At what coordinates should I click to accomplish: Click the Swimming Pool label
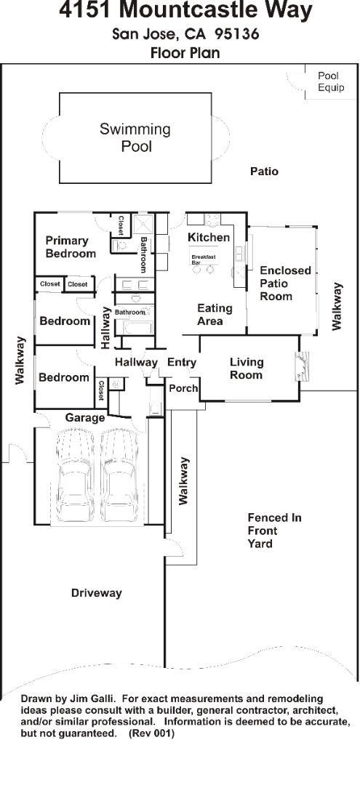point(135,137)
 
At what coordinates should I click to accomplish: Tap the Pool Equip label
point(331,81)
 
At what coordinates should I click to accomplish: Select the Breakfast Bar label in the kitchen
point(204,259)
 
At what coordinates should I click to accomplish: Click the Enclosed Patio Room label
point(285,283)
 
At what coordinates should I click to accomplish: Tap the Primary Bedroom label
point(71,247)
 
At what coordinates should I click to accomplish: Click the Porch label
point(183,388)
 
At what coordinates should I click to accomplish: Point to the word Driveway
point(96,593)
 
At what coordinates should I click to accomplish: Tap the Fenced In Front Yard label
point(274,530)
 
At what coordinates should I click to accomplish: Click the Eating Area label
point(215,315)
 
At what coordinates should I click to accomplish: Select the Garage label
point(85,417)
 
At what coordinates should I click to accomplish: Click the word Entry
point(181,362)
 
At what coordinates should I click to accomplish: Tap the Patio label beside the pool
point(265,172)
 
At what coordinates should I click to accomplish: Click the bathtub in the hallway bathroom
point(135,327)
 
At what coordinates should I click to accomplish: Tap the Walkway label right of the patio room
point(337,307)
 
